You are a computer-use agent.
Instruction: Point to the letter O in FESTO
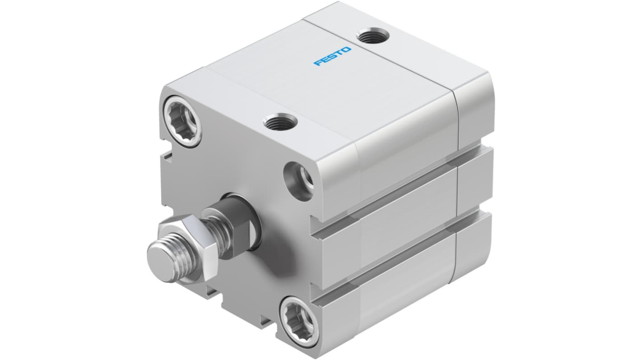click(347, 49)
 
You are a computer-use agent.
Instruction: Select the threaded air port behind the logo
click(370, 35)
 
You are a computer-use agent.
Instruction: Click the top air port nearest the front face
click(281, 121)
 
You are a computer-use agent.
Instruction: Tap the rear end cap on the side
click(474, 180)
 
